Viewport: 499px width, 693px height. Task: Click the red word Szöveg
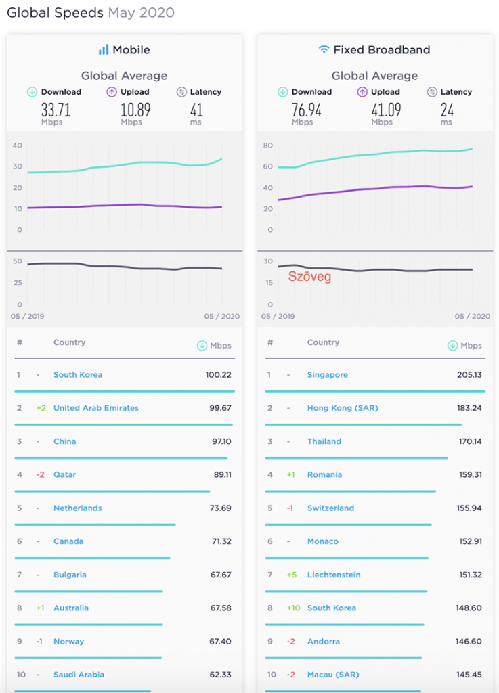click(x=309, y=276)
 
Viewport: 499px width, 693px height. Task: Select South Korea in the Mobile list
click(x=78, y=375)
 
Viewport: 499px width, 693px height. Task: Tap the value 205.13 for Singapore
click(x=469, y=375)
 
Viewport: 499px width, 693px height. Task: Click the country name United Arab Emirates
click(x=96, y=408)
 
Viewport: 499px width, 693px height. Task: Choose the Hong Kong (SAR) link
click(x=343, y=408)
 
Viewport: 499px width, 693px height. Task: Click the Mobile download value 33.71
click(x=56, y=110)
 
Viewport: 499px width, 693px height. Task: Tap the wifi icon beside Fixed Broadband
click(x=324, y=50)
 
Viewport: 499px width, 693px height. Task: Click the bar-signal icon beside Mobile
click(x=104, y=50)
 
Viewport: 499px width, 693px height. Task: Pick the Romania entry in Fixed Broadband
click(x=324, y=474)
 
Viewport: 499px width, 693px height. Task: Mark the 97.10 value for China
click(x=221, y=441)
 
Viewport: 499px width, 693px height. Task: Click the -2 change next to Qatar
click(x=40, y=474)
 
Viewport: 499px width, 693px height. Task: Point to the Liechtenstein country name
click(x=334, y=575)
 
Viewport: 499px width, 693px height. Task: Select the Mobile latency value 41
click(x=196, y=110)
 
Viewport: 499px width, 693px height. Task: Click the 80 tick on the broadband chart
click(x=268, y=146)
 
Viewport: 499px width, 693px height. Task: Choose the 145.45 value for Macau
click(x=469, y=674)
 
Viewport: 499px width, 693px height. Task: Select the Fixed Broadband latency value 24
click(x=446, y=110)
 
